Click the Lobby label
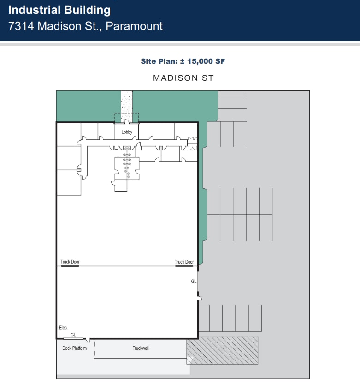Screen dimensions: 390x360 (127, 132)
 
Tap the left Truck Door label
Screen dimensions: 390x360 (70, 262)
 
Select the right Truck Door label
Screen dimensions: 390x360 (184, 262)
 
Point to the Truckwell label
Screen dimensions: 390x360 (141, 348)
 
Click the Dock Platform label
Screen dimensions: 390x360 (74, 348)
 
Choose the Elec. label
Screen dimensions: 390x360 (64, 328)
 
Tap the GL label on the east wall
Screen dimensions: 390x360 (194, 281)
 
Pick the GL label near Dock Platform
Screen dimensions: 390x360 (73, 335)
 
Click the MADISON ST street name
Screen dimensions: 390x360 (183, 78)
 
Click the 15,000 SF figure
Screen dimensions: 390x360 (206, 61)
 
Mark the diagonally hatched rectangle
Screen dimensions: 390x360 (222, 350)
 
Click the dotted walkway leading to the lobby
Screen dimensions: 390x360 (127, 101)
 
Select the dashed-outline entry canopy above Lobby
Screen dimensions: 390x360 (126, 118)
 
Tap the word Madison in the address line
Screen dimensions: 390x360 (58, 26)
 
